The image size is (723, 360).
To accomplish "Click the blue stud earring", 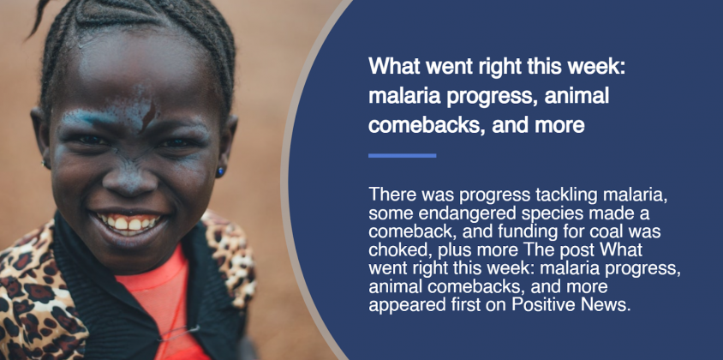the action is point(220,172).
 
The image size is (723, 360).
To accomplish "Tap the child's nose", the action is point(130,177).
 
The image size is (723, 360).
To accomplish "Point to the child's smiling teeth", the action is point(128,223).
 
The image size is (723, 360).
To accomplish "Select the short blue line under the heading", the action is point(402,155).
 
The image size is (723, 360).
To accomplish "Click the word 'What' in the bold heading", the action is point(394,66).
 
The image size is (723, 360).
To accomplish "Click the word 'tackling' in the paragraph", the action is point(566,195).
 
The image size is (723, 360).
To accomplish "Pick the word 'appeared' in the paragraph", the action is point(402,306).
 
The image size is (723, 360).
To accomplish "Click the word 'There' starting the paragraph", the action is point(391,195).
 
